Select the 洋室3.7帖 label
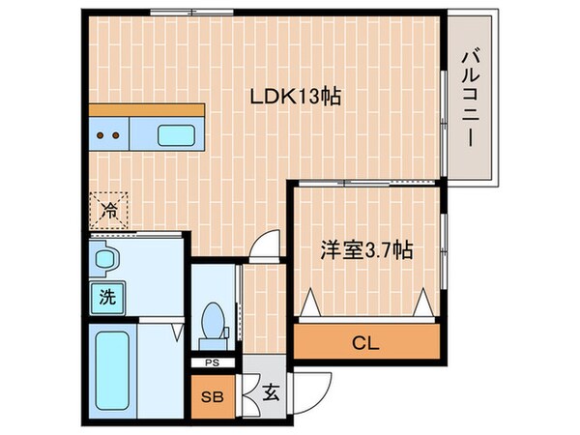[366, 250]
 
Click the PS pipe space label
[211, 363]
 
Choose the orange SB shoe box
[210, 396]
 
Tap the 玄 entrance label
[271, 395]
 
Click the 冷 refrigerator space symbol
[111, 207]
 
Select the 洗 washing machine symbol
[106, 297]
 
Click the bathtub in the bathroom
[112, 371]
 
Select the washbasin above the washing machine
[105, 258]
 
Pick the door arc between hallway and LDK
[260, 250]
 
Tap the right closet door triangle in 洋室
[422, 305]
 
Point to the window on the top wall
[191, 14]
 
